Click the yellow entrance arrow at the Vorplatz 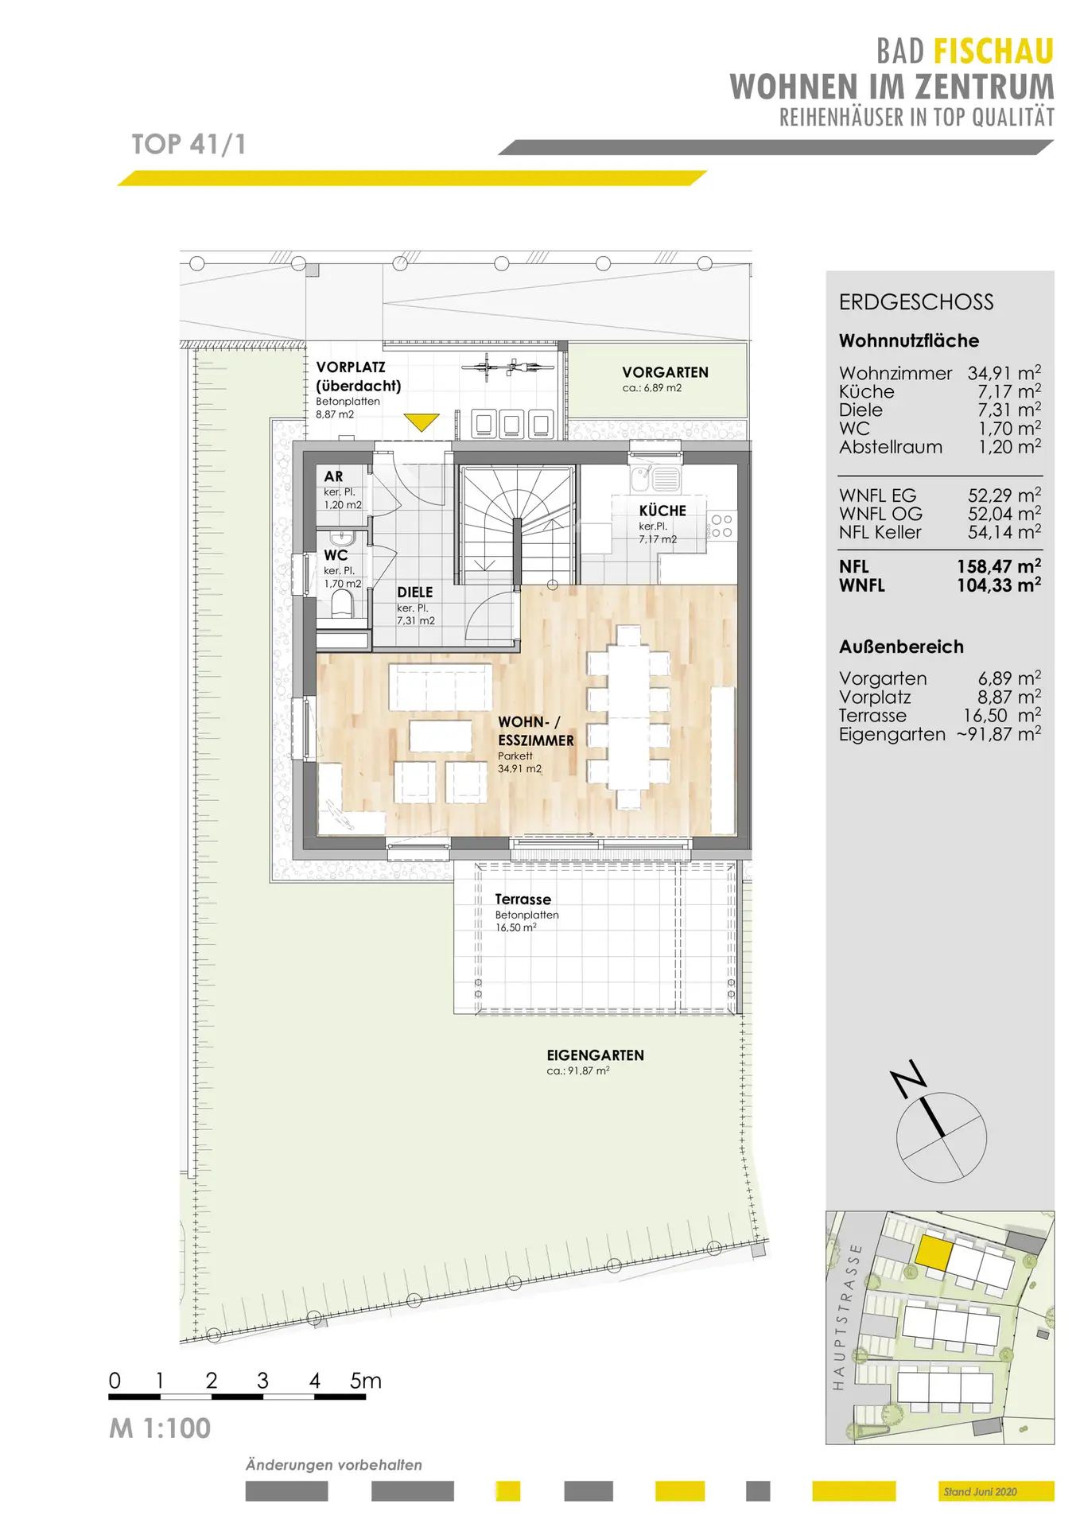point(421,422)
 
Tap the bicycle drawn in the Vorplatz point(508,367)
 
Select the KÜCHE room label point(662,511)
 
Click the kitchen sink point(655,479)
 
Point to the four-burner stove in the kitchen point(721,526)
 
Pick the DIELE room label point(415,593)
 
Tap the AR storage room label point(333,476)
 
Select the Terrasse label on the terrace point(523,899)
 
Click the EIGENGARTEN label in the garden point(595,1055)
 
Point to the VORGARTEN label point(665,372)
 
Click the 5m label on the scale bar point(366,1381)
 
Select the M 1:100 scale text point(160,1428)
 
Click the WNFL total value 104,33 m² point(999,585)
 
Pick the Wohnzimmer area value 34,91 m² point(1004,373)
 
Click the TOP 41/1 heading point(188,144)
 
